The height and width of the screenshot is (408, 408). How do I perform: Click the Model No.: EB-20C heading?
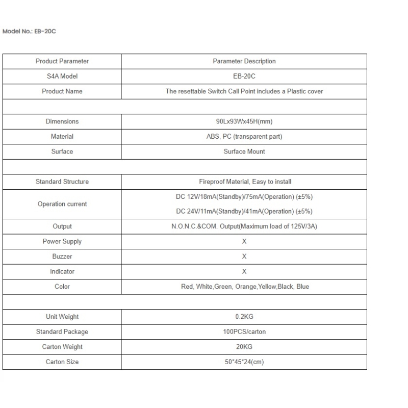[29, 31]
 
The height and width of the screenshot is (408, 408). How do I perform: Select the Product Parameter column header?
[62, 61]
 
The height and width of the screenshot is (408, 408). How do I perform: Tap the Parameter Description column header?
[244, 61]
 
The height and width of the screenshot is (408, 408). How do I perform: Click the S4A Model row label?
[62, 76]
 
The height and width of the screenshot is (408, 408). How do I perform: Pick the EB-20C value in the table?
[244, 76]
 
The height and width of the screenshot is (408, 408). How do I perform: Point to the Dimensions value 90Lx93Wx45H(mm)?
[244, 121]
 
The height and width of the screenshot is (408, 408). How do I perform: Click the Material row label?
[62, 137]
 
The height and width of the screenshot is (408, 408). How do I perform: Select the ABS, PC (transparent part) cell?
[244, 137]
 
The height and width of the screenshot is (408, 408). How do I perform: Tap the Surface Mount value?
[244, 151]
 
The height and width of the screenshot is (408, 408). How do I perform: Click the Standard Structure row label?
[62, 182]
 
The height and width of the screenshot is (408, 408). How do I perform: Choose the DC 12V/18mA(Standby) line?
[244, 197]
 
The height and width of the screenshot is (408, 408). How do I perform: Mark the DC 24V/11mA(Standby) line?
[244, 211]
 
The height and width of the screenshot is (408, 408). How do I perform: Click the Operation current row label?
[62, 204]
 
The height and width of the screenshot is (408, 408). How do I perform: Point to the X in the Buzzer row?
[244, 257]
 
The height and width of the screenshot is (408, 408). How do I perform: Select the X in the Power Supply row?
[244, 241]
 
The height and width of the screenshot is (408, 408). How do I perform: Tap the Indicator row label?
[62, 271]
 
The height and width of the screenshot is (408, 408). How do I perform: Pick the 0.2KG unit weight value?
[244, 317]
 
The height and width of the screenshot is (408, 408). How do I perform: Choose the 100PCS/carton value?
[244, 331]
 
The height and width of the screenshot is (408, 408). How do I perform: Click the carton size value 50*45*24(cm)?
[244, 362]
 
